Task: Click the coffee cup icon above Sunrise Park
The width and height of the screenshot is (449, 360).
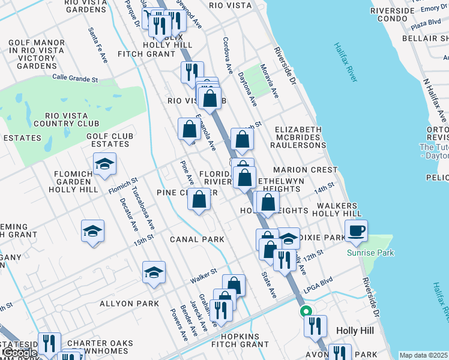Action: [357, 230]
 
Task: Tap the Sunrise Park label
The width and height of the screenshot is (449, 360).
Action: [370, 253]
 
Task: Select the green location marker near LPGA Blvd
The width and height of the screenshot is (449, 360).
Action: [305, 311]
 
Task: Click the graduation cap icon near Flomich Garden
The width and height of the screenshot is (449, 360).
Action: [105, 164]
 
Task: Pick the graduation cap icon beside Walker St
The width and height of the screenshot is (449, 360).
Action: [154, 272]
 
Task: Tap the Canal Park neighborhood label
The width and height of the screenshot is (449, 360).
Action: [197, 239]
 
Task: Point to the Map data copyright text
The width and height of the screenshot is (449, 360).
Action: [424, 355]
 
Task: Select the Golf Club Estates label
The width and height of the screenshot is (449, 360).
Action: [108, 140]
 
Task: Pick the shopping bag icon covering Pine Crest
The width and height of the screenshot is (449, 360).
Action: [199, 199]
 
